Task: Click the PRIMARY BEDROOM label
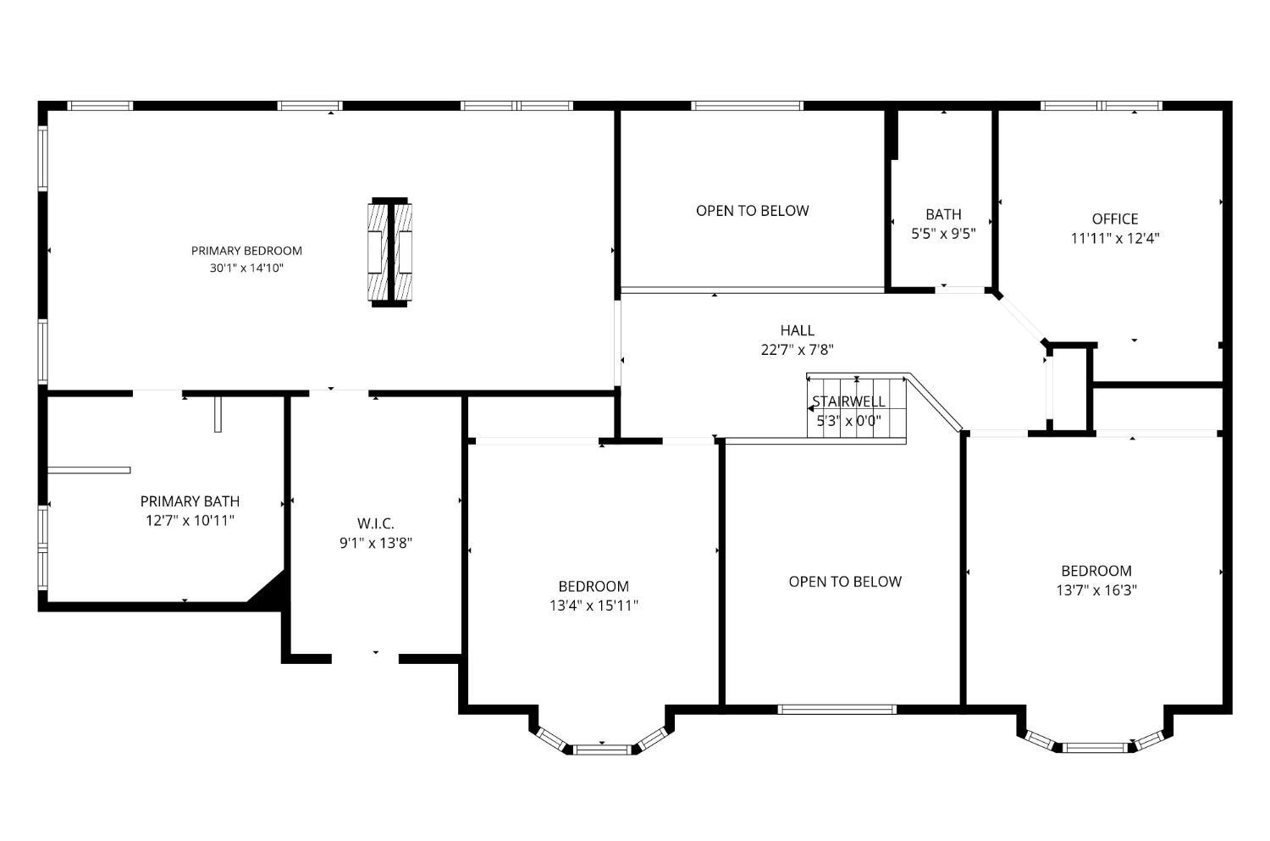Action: pyautogui.click(x=246, y=251)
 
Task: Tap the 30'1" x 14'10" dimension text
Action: pyautogui.click(x=246, y=268)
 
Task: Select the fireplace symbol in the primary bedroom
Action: pyautogui.click(x=389, y=252)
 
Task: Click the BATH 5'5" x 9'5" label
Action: pyautogui.click(x=943, y=224)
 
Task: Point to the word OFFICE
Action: pyautogui.click(x=1115, y=219)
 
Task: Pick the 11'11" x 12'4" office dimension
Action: pyautogui.click(x=1115, y=238)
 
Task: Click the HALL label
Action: pyautogui.click(x=798, y=330)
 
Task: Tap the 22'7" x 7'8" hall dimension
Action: pyautogui.click(x=798, y=350)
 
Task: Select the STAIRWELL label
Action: pyautogui.click(x=848, y=401)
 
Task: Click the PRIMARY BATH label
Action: pyautogui.click(x=190, y=501)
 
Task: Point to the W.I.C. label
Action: pyautogui.click(x=375, y=523)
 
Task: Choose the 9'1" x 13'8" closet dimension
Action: pyautogui.click(x=375, y=543)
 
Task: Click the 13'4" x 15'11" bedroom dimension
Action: pyautogui.click(x=594, y=606)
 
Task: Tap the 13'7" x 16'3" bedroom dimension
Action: pyautogui.click(x=1096, y=590)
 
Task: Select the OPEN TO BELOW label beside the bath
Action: pyautogui.click(x=753, y=211)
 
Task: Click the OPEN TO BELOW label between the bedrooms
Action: pyautogui.click(x=845, y=582)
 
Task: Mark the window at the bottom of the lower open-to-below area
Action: pyautogui.click(x=837, y=709)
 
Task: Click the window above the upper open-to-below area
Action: pyautogui.click(x=747, y=106)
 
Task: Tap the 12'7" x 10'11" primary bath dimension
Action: pyautogui.click(x=190, y=521)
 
